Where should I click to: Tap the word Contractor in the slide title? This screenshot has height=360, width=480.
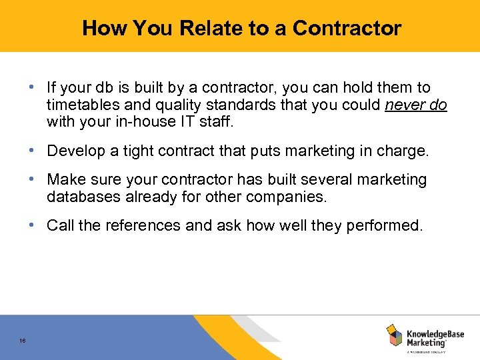click(x=347, y=29)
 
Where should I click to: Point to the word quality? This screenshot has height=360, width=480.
click(x=171, y=105)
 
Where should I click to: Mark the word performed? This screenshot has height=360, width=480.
click(x=385, y=226)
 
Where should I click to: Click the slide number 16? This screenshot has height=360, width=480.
click(x=23, y=341)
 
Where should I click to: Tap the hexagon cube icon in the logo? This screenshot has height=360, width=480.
click(x=394, y=335)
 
